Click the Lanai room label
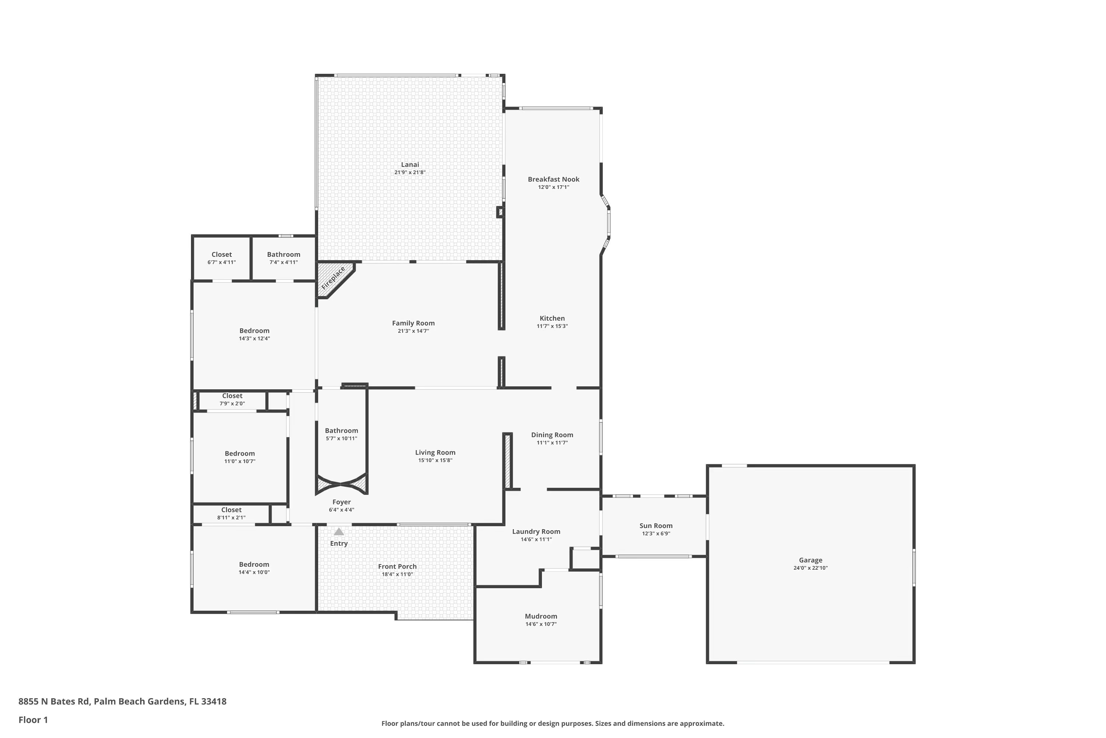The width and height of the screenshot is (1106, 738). coord(410,164)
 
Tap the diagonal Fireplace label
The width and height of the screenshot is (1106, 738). coord(333,278)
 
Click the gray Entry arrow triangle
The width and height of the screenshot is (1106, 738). coord(338,532)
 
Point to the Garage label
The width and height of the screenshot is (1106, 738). coord(810,560)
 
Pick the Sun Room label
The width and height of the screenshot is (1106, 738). coord(655,526)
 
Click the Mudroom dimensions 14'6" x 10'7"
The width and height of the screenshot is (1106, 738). coord(541,624)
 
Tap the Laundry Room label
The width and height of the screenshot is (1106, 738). coord(536,531)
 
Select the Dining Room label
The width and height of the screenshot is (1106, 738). coord(552,435)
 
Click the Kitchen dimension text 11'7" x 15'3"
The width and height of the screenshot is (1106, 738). coord(552,326)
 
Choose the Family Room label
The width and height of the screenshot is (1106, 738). coord(413,323)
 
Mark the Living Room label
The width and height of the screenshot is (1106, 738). coord(435,452)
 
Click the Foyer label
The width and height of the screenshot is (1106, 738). coord(341,502)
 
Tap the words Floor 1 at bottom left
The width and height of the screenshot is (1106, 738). coord(33,720)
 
